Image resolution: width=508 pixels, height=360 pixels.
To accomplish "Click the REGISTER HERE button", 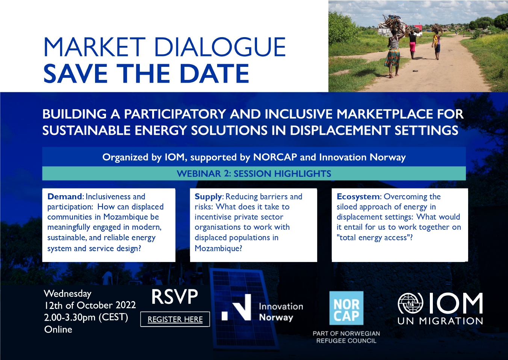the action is click(x=175, y=319).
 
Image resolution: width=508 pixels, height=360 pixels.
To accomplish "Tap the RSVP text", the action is click(x=175, y=297).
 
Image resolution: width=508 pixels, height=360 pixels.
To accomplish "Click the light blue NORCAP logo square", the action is click(x=346, y=308).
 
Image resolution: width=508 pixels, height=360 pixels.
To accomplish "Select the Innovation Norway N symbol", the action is click(x=236, y=307).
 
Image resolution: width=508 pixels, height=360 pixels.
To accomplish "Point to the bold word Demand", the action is click(x=64, y=196).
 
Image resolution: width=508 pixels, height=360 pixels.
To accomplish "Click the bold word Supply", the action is click(x=208, y=197).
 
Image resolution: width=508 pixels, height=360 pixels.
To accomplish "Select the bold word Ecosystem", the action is click(x=358, y=197).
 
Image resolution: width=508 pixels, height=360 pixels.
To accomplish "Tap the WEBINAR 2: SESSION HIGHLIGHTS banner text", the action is click(x=254, y=173).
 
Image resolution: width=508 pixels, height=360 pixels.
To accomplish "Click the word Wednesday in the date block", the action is click(x=68, y=294).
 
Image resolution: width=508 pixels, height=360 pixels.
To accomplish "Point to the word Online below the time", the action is click(x=58, y=329).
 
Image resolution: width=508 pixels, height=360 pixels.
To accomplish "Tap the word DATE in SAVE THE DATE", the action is click(x=215, y=74).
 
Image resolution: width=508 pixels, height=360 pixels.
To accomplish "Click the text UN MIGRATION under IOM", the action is click(x=440, y=321).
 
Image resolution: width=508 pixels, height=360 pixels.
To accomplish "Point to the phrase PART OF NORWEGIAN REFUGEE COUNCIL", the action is click(x=346, y=337).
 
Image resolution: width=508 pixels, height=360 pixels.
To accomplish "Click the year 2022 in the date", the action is click(x=125, y=306).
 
